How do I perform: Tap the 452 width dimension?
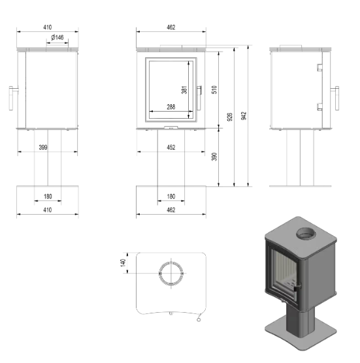coord(171,148)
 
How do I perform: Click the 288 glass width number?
coord(171,106)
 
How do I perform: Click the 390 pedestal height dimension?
coord(214,157)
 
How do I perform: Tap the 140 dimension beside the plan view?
coord(122,262)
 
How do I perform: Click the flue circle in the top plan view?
coord(171,274)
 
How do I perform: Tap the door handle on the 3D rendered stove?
coord(295,287)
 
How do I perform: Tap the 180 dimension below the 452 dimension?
coord(171,197)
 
